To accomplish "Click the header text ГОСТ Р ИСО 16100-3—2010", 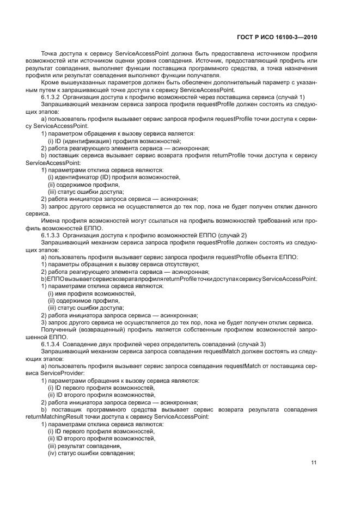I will (277, 38).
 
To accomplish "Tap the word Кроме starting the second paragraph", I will (50, 82).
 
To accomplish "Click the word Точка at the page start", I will (50, 54).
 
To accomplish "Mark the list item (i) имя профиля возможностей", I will (83, 293).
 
